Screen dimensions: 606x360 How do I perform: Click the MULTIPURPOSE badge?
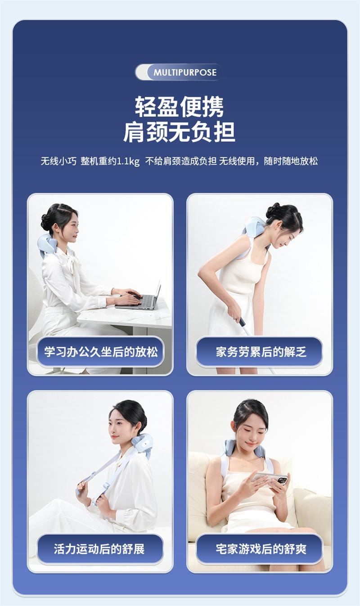pyautogui.click(x=179, y=72)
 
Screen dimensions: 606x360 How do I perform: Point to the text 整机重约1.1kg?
pyautogui.click(x=110, y=161)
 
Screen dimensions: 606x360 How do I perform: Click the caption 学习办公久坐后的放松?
pyautogui.click(x=100, y=351)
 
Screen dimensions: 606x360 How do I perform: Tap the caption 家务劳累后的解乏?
pyautogui.click(x=260, y=351)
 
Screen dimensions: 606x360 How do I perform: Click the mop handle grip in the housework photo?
pyautogui.click(x=243, y=322)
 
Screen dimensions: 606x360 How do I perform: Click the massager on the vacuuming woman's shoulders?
pyautogui.click(x=254, y=228)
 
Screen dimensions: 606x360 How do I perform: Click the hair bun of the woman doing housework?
pyautogui.click(x=272, y=210)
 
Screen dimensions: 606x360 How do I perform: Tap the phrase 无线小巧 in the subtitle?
pyautogui.click(x=58, y=161)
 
